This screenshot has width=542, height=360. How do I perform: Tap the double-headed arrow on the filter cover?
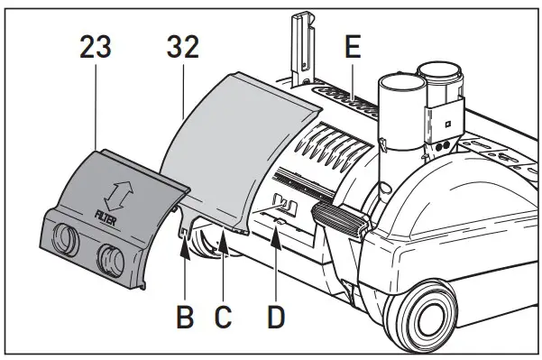pyautogui.click(x=115, y=193)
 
